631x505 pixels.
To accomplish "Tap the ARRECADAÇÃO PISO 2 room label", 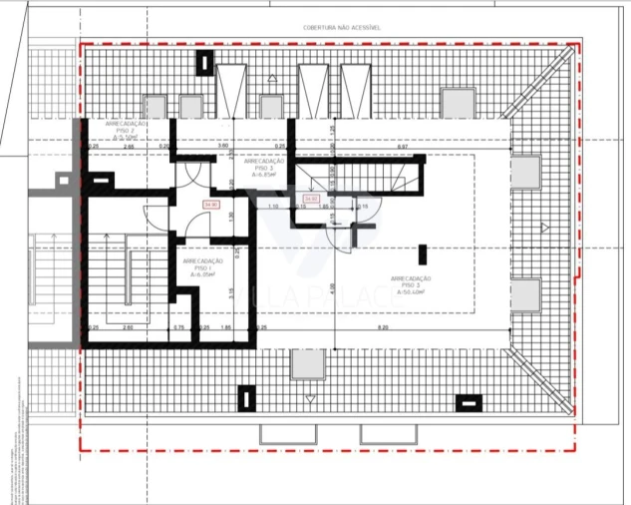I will point(127,131).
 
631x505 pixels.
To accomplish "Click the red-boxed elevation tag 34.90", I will point(210,205).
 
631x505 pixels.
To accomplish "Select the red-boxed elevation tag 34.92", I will point(311,199).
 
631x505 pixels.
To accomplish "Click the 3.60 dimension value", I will point(223,147).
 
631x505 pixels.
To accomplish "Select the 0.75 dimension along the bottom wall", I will point(178,327).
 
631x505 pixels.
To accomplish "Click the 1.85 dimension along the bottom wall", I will point(225,327).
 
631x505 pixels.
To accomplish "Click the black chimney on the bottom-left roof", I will point(244,398).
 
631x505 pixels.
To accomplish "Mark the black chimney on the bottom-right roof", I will point(468,403).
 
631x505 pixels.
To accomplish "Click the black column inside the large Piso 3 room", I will point(423,254).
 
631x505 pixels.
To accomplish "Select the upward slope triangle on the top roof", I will point(272,78).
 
